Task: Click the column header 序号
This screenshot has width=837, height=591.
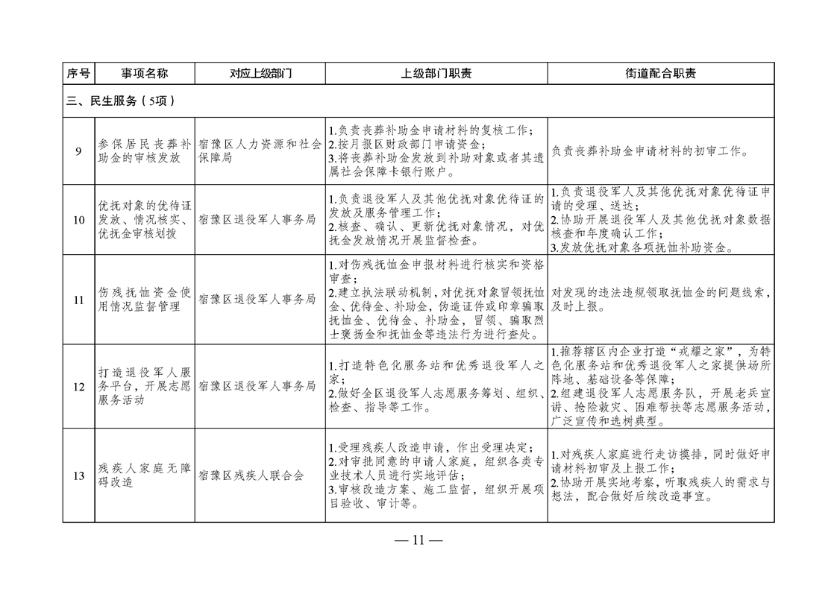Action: pos(78,73)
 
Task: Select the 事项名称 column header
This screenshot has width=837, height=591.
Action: pos(145,73)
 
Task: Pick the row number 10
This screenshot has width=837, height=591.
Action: pos(78,220)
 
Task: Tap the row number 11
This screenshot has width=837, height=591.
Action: pos(78,300)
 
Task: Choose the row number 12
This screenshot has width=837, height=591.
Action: pos(78,386)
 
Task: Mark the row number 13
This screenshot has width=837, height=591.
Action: pos(78,475)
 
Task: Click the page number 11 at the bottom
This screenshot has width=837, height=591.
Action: pos(418,540)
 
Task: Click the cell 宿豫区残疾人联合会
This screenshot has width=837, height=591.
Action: pos(251,475)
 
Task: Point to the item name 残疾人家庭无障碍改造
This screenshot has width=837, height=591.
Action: pos(145,475)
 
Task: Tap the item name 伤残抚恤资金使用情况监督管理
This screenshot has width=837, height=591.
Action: pos(145,300)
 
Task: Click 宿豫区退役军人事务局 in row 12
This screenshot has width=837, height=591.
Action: pos(257,386)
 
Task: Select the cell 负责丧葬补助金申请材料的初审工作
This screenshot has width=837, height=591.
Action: pos(650,151)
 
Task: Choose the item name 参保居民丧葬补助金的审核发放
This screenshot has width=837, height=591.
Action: pos(145,151)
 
